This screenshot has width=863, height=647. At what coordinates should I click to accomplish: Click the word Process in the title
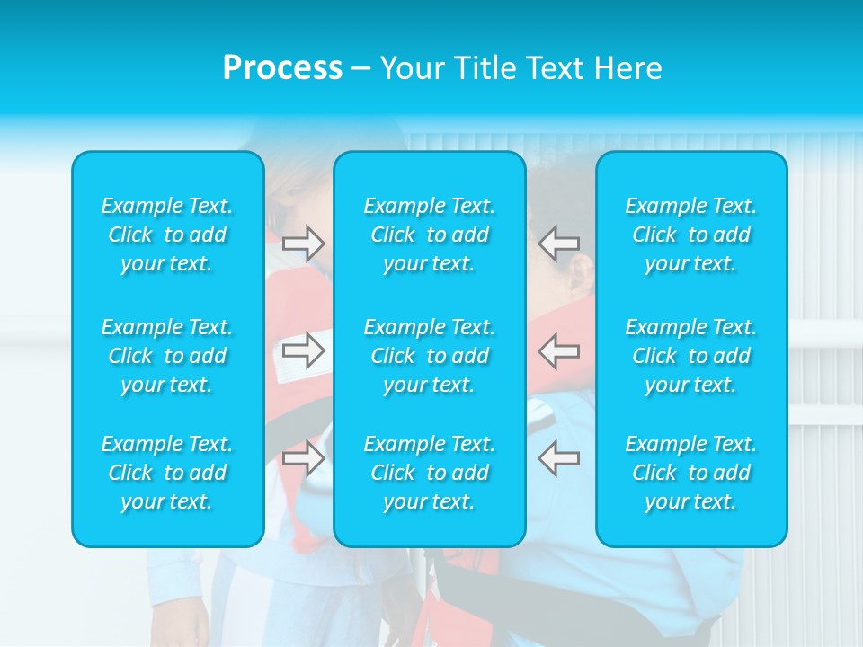point(282,68)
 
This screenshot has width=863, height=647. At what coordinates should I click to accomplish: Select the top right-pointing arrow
point(304,243)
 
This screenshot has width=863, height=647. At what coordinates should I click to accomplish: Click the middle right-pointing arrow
point(304,350)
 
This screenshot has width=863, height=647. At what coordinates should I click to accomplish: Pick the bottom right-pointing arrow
point(304,457)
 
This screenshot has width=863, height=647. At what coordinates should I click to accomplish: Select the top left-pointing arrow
point(558,243)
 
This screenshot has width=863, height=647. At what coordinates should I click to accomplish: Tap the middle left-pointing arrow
point(558,350)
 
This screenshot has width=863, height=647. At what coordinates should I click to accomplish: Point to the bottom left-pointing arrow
point(558,457)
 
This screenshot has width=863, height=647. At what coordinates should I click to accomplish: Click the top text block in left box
point(167,235)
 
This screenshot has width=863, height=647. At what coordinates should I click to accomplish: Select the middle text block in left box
point(167,356)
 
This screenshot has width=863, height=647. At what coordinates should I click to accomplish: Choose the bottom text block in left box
point(167,473)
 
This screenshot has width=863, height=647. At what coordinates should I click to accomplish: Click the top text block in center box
point(430,235)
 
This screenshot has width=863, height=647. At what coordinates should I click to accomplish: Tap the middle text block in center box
point(430,356)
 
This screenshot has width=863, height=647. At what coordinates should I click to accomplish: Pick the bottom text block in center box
point(430,473)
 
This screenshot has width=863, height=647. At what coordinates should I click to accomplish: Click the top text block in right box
point(691,235)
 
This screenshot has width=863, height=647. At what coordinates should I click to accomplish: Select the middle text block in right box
point(691,356)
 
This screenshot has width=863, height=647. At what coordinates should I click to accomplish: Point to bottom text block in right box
point(691,473)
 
